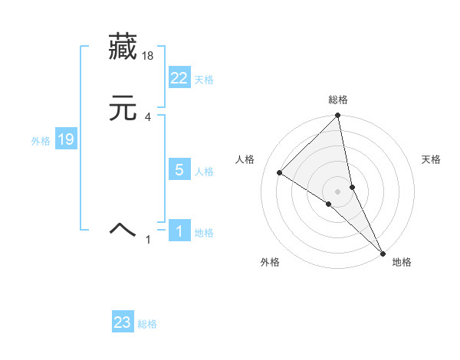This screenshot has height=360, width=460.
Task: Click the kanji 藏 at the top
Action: pos(123,47)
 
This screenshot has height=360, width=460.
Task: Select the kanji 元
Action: pos(123,108)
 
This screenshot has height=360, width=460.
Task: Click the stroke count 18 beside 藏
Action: pos(149,56)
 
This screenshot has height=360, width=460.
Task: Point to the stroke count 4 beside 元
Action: pos(148,117)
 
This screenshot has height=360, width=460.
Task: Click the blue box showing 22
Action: pos(179,77)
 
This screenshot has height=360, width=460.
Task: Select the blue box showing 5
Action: pos(179,170)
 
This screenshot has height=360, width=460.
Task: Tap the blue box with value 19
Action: pos(66,139)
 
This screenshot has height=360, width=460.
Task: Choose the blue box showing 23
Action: pos(123,322)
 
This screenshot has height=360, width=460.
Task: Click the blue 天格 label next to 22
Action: pos(204,80)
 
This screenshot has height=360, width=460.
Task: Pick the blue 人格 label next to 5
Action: pos(204,172)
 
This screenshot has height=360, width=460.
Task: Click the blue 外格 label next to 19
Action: pos(41,141)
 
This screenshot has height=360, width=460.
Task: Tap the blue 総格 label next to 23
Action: pos(147,324)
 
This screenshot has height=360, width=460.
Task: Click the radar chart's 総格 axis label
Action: pos(338,100)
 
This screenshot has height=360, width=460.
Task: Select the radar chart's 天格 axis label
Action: pos(432,159)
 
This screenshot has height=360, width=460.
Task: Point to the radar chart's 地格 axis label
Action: pos(402,262)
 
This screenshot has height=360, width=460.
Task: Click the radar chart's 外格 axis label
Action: pos(270,262)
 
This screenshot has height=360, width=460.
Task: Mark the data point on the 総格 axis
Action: pos(338,116)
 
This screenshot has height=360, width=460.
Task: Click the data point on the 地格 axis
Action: pos(383,252)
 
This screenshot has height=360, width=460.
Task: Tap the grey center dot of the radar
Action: pos(338,191)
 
